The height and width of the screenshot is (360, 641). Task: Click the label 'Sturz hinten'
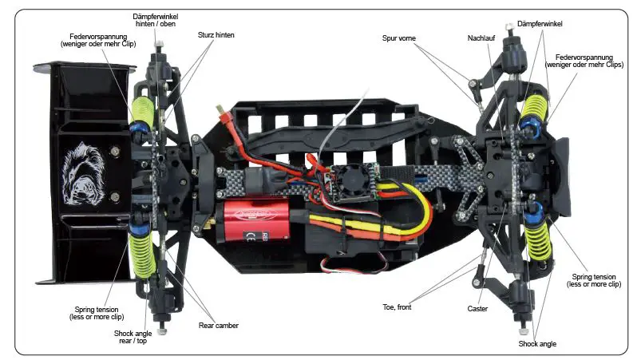216,35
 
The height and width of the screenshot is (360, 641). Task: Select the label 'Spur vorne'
399,38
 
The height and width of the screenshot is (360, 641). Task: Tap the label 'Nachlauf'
481,38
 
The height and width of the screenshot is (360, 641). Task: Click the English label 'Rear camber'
218,325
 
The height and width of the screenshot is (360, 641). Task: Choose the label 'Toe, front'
396,306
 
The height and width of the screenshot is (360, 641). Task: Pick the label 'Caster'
478,307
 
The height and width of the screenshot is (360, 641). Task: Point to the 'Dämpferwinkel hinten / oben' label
155,20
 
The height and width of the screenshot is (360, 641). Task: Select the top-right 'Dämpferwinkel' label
540,24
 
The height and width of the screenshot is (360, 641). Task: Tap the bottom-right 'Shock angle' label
537,343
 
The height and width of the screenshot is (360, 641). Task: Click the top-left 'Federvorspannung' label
98,39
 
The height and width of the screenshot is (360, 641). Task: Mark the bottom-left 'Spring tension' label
102,312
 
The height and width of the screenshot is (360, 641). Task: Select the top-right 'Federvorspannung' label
585,62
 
